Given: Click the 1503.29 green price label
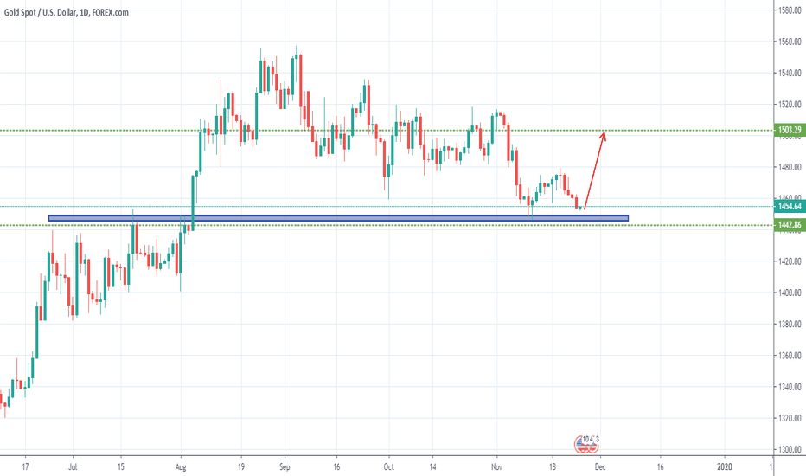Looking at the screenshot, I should [788, 130].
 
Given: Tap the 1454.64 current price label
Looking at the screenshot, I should [788, 206].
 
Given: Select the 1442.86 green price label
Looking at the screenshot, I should [788, 225].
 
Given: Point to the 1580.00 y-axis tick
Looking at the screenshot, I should [788, 10].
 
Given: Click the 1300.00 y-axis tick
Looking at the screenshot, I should [788, 450].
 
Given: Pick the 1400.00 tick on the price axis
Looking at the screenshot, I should [788, 293].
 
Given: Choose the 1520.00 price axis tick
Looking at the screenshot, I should [788, 105].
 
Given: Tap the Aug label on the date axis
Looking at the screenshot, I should [181, 466].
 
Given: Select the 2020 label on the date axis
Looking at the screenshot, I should [726, 466].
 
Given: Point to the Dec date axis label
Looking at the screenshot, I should [598, 466].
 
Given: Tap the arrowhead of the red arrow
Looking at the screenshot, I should [604, 133].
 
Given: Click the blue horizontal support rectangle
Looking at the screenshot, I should [337, 218].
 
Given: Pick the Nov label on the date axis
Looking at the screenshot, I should [497, 466].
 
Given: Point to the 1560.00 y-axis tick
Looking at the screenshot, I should [788, 42].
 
